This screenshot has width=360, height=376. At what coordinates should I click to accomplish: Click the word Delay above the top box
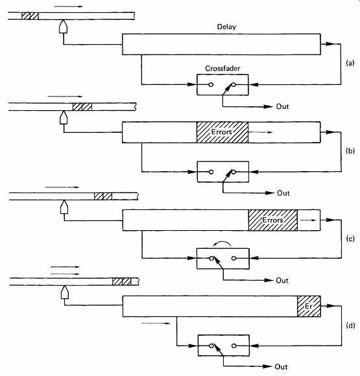pos(226,27)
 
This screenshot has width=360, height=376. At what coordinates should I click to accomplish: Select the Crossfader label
pos(222,68)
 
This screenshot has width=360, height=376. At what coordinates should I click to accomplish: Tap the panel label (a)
pos(350,63)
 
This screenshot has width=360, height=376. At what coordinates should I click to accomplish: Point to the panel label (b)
pos(350,151)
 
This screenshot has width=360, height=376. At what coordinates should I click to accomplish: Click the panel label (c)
pos(350,239)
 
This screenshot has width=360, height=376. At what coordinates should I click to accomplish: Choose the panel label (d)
pos(350,325)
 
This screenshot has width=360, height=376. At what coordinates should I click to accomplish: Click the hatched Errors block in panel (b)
pos(222,132)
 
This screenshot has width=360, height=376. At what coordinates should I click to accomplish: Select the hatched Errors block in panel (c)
pos(272,220)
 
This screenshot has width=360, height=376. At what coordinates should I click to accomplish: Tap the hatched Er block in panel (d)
pos(309,306)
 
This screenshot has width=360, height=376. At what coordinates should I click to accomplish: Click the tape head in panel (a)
pos(63,27)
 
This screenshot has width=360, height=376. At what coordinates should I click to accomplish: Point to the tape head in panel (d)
pos(65,292)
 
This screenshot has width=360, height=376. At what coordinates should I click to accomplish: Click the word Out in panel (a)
pos(282,106)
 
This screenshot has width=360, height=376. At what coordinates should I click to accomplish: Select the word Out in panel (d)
pos(281,367)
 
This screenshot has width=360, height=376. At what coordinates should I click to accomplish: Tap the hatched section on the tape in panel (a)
pos(30,16)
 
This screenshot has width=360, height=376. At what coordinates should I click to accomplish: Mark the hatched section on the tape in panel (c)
pos(103,196)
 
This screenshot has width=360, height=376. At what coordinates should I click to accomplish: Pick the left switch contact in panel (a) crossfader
pos(211,85)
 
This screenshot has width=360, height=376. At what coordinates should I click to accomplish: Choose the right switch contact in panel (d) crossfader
pos(234,346)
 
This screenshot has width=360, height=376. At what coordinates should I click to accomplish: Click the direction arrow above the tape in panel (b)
pos(65,97)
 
